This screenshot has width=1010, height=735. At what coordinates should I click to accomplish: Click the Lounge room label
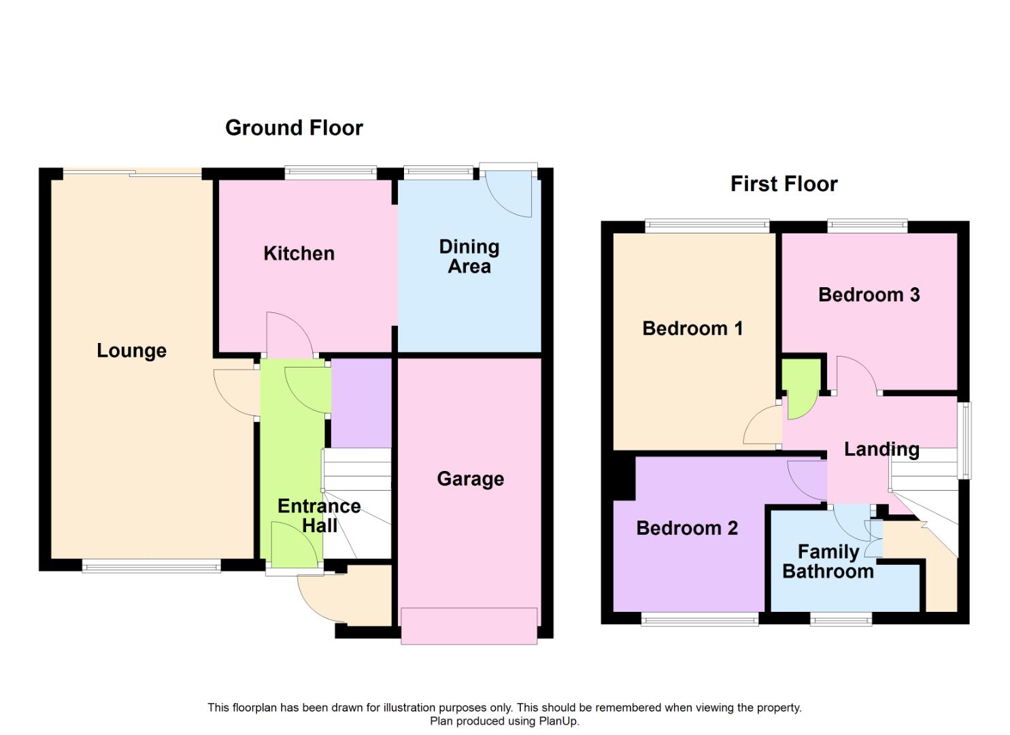coord(131,350)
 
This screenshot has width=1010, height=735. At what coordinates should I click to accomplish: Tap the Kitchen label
coord(299,253)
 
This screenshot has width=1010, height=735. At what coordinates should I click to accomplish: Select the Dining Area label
coord(469,257)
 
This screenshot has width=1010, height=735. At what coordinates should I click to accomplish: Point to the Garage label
coord(470,478)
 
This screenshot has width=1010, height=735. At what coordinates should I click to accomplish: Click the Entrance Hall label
coord(319,515)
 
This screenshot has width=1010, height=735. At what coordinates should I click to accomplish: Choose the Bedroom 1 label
coord(692,328)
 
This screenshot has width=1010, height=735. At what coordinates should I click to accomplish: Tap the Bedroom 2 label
coord(686,528)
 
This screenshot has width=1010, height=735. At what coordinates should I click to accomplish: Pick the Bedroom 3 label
coord(869,295)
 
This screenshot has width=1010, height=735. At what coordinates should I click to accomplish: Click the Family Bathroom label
coord(828,561)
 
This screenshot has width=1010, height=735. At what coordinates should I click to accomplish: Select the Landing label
coord(881,449)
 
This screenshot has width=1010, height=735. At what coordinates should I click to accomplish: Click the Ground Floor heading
coord(294,127)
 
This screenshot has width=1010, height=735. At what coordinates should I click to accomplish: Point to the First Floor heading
coord(784,184)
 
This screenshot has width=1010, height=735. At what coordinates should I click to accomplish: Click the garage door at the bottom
coord(469,625)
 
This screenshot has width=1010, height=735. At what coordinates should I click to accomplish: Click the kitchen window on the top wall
coord(331,173)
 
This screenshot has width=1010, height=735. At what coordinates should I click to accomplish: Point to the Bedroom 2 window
coord(699,619)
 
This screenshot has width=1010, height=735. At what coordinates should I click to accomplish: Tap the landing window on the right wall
coord(964,440)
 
